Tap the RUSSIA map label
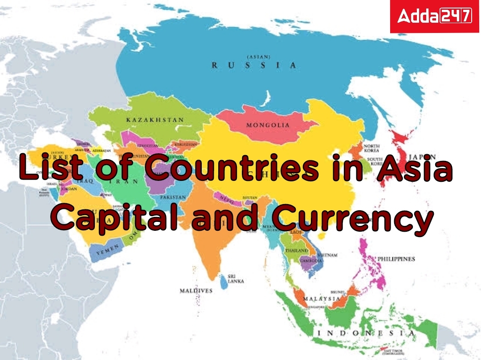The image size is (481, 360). tap(253, 65)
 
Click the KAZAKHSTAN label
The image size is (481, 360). tap(155, 120)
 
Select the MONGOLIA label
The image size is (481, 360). tap(268, 125)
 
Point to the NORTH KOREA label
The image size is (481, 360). tap(371, 148)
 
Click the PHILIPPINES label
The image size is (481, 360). tap(396, 259)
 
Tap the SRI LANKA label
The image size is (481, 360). tap(235, 279)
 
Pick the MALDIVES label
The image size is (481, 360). tap(196, 290)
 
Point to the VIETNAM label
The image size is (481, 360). tap(327, 255)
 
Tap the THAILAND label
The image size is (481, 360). tap(296, 251)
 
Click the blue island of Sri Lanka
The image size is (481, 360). tap(223, 280)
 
